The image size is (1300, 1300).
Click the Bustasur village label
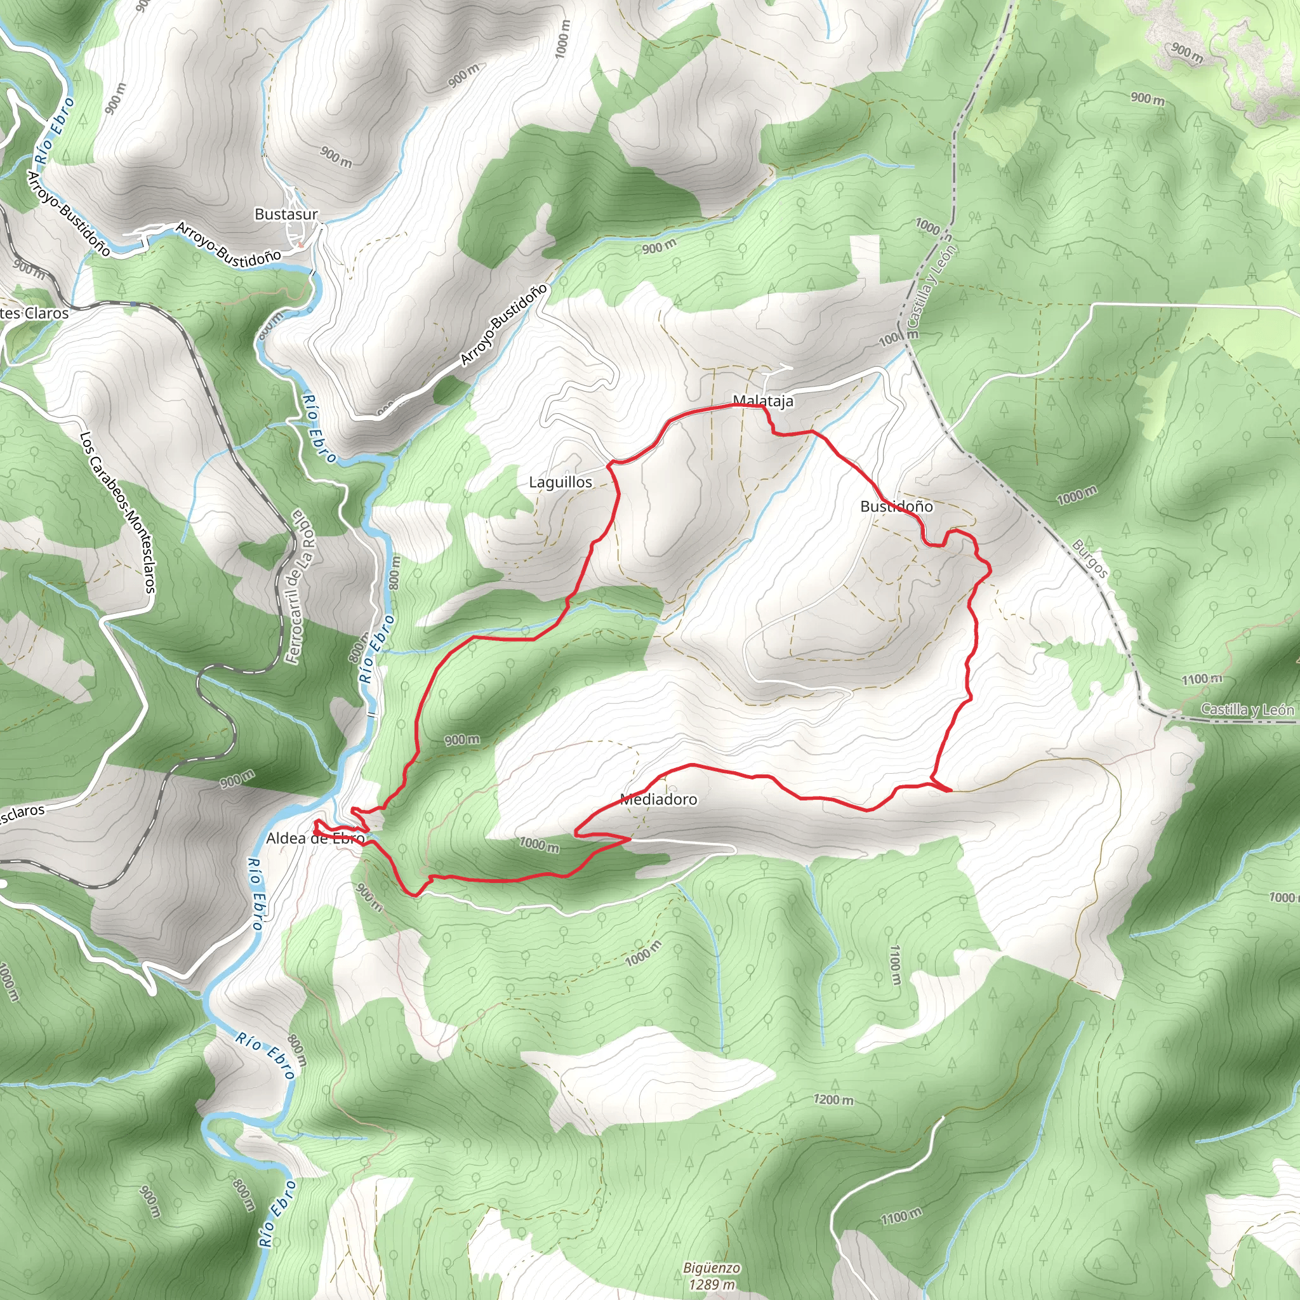pos(286,214)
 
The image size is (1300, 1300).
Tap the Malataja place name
pos(763,401)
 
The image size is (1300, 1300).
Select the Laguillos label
pos(560,482)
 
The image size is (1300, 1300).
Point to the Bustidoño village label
pos(896,506)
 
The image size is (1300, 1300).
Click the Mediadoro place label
pos(658,799)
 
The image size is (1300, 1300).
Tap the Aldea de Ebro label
pos(315,839)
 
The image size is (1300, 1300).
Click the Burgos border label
pos(1089,558)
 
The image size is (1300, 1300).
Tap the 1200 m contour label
pos(833,1099)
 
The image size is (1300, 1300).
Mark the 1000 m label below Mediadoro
pos(539,844)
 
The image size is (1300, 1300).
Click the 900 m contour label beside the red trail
pos(462,740)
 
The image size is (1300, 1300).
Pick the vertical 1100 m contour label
pos(894,964)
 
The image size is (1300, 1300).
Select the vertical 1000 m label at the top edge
pos(562,38)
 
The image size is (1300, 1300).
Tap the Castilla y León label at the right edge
pos(1247,709)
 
